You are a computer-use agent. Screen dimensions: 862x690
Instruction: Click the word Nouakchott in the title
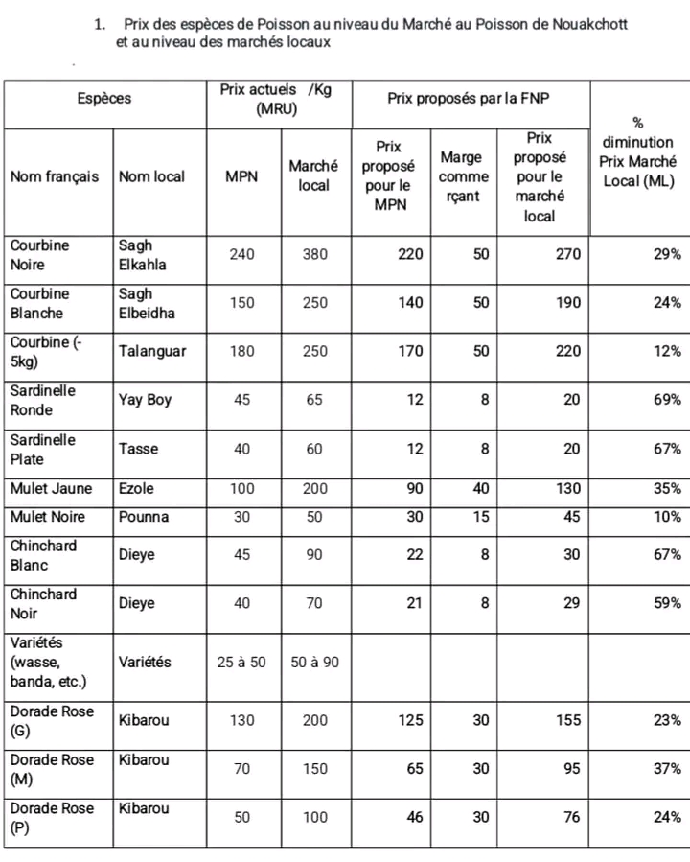click(x=590, y=23)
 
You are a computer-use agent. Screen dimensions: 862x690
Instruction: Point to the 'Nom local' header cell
click(x=152, y=176)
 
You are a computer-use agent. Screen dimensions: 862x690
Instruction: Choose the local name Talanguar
click(x=152, y=351)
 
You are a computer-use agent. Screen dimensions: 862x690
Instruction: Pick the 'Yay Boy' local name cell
click(x=146, y=400)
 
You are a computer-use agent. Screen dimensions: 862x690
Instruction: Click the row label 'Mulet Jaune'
click(x=52, y=488)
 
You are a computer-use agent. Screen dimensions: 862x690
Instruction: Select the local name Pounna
click(x=144, y=517)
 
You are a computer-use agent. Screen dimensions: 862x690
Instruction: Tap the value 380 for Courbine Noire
click(x=314, y=254)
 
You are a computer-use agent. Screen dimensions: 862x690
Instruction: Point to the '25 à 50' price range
click(x=241, y=662)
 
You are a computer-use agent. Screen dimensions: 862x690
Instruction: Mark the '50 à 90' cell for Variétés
click(x=314, y=662)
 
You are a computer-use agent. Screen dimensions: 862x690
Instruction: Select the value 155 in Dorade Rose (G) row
click(x=566, y=720)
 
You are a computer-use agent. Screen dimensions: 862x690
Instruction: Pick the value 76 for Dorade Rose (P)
click(x=571, y=818)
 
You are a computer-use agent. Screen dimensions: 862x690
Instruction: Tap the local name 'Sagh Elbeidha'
click(x=147, y=303)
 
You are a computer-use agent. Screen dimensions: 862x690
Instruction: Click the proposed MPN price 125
click(x=410, y=720)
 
